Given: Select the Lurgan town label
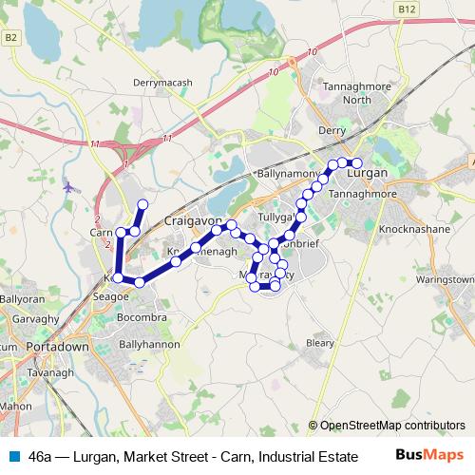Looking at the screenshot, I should [368, 175].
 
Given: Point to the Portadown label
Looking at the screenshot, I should [58, 347].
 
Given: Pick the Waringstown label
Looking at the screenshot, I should [444, 280].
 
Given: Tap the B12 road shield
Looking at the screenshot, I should [408, 9].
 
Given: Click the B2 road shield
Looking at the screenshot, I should [11, 37].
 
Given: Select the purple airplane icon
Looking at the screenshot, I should [68, 185].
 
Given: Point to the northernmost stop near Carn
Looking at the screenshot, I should [143, 204].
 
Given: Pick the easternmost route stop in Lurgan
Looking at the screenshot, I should [357, 163].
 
